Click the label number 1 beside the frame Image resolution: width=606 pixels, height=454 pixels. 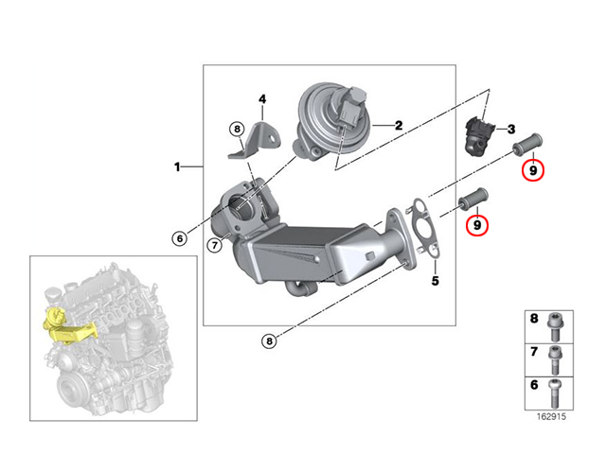point(177,167)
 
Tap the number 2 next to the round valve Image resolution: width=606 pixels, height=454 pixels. point(399,126)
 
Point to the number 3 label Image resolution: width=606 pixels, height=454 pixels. point(511,130)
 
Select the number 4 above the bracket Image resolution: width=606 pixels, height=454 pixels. point(262,99)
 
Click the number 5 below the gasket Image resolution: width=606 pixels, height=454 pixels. point(436,281)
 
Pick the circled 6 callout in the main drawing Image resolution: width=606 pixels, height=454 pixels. point(180,238)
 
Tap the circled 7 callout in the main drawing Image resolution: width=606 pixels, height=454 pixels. point(215,245)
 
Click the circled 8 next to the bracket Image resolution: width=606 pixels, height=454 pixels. point(238,129)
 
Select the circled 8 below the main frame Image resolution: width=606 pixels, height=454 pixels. point(269,340)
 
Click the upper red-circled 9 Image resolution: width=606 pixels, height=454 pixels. point(533,170)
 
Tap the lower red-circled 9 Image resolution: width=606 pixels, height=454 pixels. point(477,225)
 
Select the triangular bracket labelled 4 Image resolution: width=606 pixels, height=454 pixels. point(256,141)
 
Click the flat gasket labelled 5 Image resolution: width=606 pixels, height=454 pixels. point(424,226)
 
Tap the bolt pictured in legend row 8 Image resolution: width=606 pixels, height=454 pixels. point(556,326)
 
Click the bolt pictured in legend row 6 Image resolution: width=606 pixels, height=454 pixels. point(555,393)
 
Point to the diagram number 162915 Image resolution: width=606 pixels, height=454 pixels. point(551,416)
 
